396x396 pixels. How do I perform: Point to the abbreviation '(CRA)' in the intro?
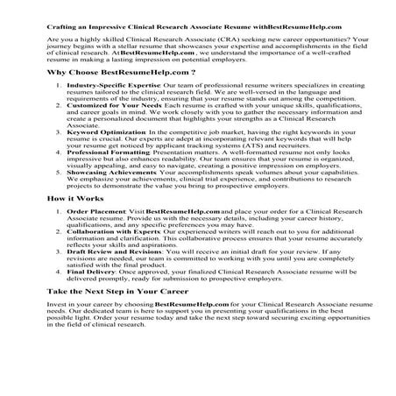(217, 41)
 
